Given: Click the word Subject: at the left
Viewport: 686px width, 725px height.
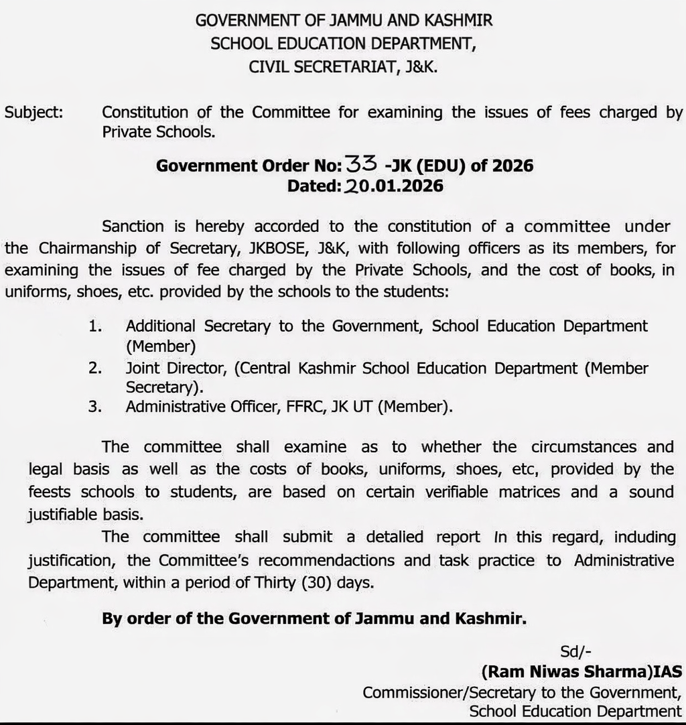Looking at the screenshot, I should pos(34,113).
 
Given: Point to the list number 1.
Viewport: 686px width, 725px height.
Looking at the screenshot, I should pos(94,326).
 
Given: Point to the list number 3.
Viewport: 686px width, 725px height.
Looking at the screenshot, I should pos(94,406).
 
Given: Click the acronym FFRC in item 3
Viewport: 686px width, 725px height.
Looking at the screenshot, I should pos(299,406).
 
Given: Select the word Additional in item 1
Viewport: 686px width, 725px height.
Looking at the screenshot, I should pos(161,326).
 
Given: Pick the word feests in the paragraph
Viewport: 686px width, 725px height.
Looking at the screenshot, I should pos(49,492).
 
